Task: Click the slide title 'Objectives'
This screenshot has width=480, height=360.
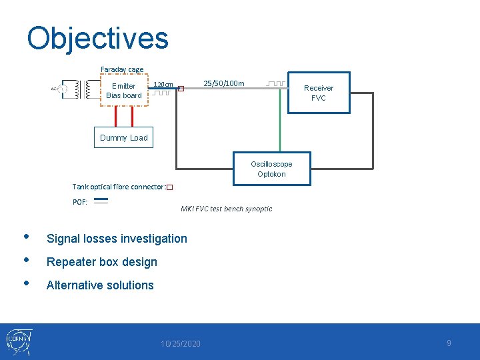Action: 97,39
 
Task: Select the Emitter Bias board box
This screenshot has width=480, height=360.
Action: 123,91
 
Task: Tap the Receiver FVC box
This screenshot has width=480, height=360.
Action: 319,93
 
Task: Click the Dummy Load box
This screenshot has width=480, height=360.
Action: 123,137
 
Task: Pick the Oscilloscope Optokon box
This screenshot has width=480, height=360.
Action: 271,169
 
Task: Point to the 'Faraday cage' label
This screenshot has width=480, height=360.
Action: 122,69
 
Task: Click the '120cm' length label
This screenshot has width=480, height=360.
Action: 163,85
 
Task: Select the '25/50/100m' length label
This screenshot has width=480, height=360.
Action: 224,83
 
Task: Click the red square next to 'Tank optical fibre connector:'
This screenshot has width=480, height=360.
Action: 169,188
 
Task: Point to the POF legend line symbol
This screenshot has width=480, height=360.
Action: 101,201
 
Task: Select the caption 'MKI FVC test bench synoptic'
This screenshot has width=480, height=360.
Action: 227,209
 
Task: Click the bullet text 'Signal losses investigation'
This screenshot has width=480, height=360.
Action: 117,238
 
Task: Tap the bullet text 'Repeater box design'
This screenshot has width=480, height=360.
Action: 101,262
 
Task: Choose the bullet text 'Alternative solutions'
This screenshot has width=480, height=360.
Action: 100,285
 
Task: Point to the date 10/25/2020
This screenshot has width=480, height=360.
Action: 180,344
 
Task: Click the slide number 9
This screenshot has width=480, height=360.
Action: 449,343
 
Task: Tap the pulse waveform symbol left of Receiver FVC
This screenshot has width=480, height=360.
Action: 275,84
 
